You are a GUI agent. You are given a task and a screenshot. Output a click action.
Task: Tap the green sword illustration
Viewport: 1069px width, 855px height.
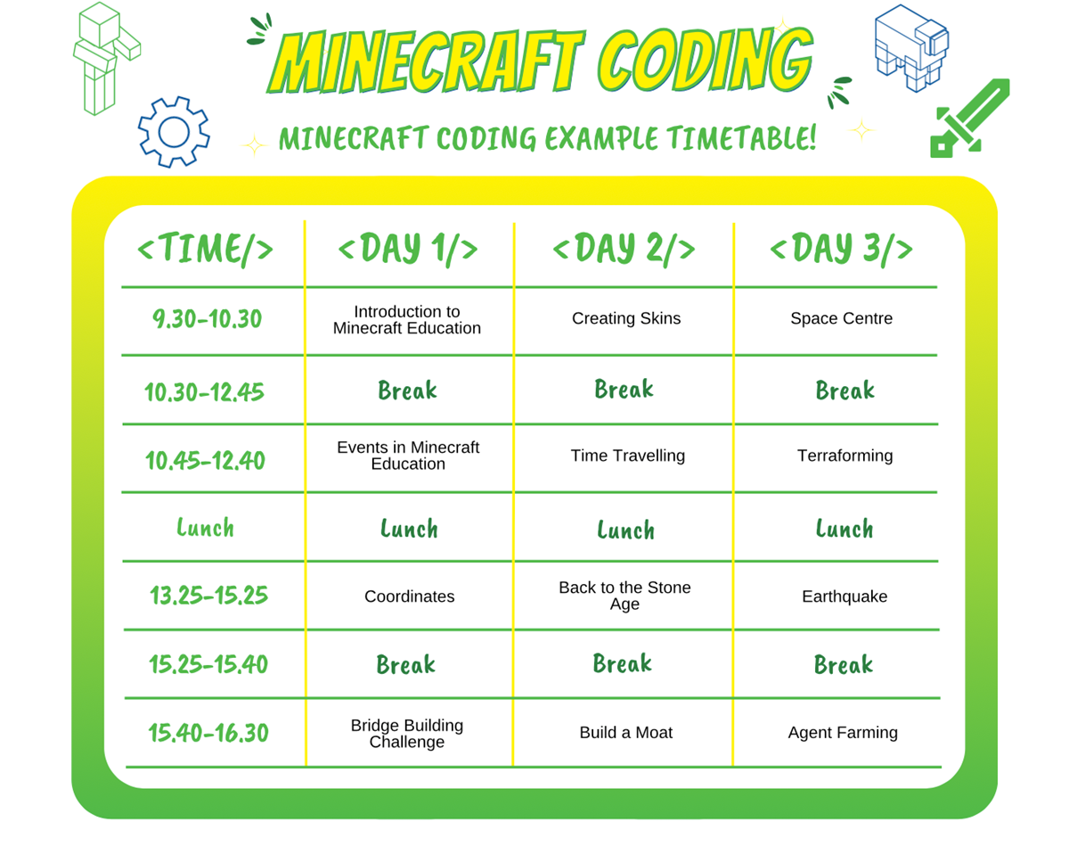click(x=968, y=119)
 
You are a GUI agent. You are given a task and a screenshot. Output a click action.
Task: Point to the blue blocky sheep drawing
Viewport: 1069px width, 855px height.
click(x=911, y=48)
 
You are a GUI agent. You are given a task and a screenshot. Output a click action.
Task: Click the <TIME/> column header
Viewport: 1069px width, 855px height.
click(x=205, y=249)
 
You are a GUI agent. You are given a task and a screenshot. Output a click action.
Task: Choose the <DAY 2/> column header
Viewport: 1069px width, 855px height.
click(x=624, y=249)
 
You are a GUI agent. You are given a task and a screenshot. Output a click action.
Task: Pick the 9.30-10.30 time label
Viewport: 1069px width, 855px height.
click(x=207, y=318)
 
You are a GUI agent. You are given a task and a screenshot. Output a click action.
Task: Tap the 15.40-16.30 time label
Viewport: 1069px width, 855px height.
click(x=208, y=733)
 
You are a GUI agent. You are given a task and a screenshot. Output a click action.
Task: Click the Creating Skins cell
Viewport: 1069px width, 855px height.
click(x=626, y=318)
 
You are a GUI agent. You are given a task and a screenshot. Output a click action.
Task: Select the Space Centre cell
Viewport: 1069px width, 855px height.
click(x=841, y=318)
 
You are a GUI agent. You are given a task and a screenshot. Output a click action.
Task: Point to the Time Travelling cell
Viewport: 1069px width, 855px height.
click(x=627, y=456)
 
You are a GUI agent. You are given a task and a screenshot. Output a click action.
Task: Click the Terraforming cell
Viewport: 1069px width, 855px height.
click(x=845, y=456)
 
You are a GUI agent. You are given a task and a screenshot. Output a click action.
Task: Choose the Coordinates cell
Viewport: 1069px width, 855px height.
click(x=409, y=596)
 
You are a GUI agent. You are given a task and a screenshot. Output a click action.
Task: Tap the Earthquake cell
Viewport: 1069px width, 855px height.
click(x=845, y=596)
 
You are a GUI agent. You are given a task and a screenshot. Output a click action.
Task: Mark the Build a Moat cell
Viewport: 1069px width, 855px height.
click(x=626, y=732)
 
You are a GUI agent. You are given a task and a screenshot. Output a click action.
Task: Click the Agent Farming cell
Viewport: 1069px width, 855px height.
click(x=843, y=733)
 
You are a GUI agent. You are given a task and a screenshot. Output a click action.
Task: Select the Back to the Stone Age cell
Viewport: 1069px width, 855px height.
click(x=624, y=596)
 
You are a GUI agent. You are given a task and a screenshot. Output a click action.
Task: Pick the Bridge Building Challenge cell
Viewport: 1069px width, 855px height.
click(x=407, y=733)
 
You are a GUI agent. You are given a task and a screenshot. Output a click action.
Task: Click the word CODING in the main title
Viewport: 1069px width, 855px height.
click(x=705, y=60)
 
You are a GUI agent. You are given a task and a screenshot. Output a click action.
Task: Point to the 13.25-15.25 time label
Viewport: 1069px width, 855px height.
click(x=208, y=595)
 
